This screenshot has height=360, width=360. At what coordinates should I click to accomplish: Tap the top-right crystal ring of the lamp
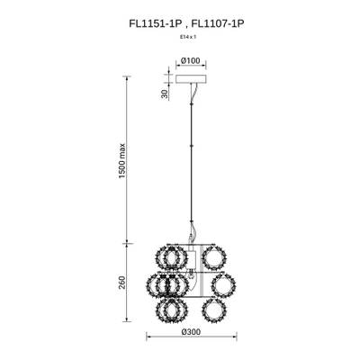[x=213, y=256]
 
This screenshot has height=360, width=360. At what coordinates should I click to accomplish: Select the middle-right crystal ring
[x=224, y=286]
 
